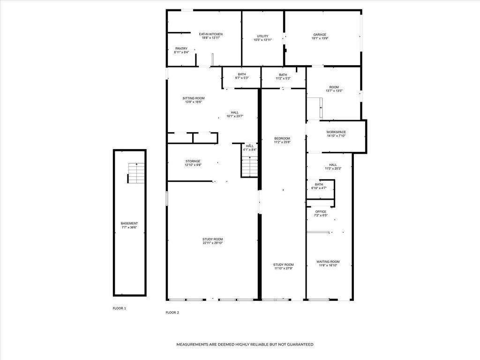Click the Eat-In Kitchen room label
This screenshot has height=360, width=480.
click(210, 34)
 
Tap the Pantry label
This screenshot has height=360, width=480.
click(181, 49)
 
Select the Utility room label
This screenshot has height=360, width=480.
click(262, 36)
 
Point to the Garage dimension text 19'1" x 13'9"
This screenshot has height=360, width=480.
click(320, 38)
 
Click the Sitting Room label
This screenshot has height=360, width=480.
click(194, 98)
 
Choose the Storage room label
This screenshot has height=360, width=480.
click(193, 161)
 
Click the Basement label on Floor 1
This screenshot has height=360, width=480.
click(129, 224)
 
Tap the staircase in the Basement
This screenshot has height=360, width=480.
click(136, 173)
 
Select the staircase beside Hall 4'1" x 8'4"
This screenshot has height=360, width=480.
click(250, 166)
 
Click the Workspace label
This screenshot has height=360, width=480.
click(336, 132)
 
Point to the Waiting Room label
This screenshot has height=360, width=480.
click(328, 262)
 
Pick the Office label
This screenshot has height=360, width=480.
click(321, 211)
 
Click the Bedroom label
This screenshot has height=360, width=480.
click(282, 138)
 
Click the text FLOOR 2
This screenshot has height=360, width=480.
click(172, 313)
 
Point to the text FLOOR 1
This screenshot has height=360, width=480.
click(120, 308)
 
